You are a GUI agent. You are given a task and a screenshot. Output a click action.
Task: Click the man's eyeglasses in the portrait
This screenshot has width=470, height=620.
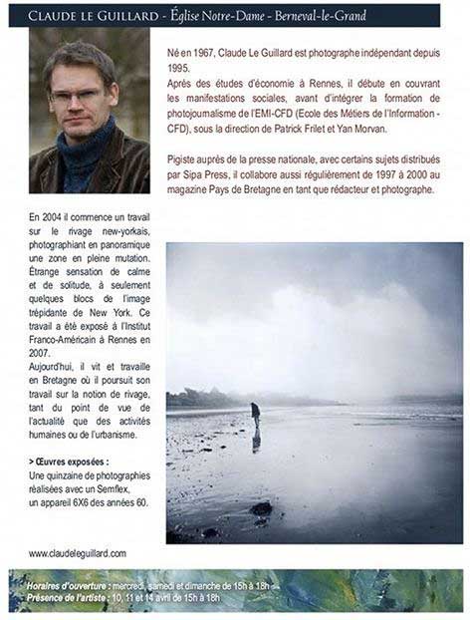tap(77, 97)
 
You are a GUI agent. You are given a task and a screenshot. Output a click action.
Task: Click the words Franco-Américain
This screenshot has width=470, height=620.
tap(63, 340)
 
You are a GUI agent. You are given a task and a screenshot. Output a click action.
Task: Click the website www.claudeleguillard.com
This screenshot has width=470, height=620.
tap(77, 553)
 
